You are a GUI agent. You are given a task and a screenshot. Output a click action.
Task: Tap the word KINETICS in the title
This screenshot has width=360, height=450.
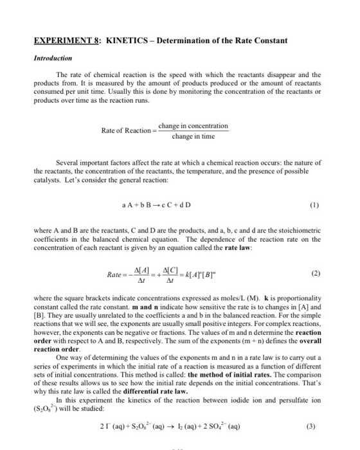point(114,41)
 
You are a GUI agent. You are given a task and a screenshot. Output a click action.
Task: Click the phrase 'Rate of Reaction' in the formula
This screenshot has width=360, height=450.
point(125,130)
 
